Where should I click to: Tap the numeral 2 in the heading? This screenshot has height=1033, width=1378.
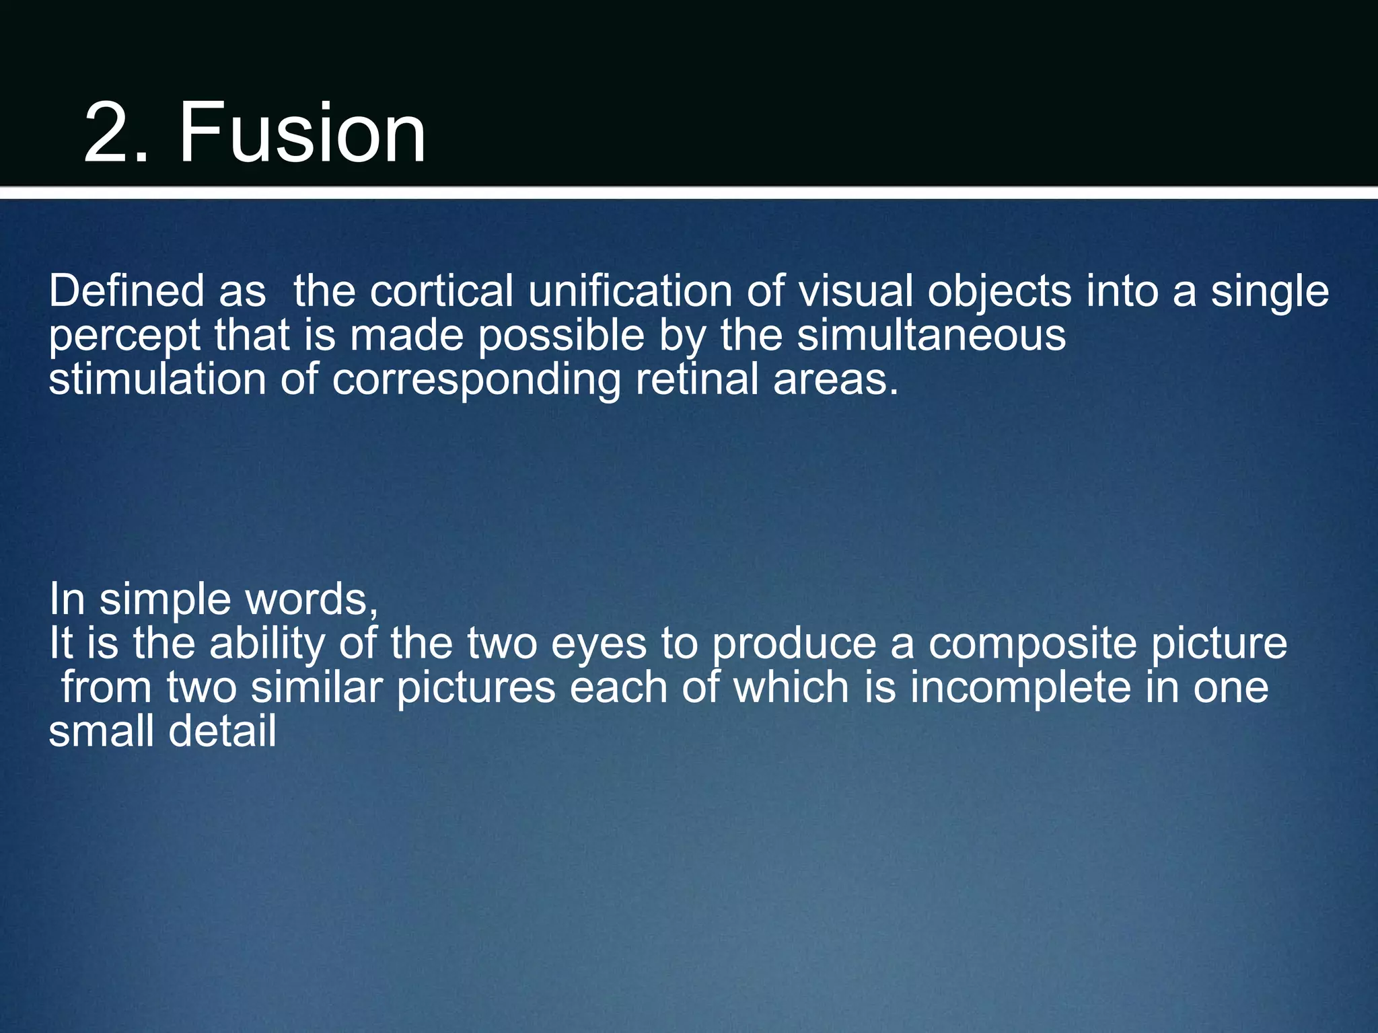coord(108,132)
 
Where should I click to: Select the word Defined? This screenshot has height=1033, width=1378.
coord(126,291)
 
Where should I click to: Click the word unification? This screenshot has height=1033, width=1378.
coord(630,291)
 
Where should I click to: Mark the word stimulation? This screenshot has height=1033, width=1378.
coord(157,379)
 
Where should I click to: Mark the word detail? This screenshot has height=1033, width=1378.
coord(222,731)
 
